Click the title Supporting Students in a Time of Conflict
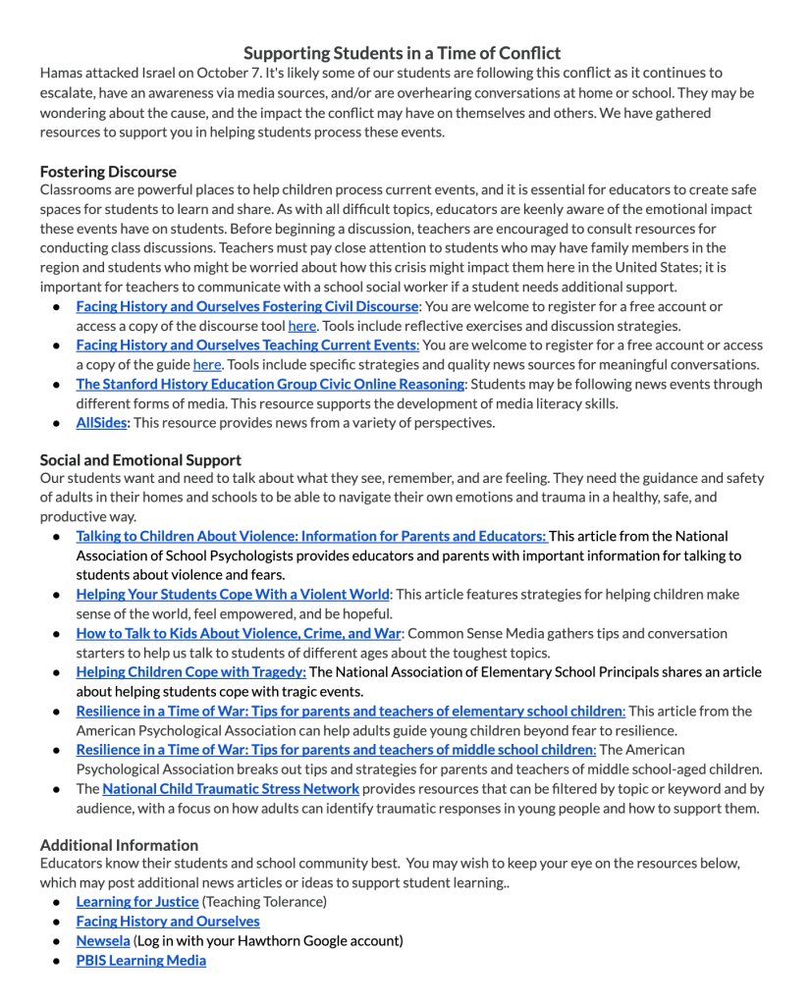[x=403, y=52]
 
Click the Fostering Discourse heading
[x=108, y=171]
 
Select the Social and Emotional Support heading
[x=140, y=458]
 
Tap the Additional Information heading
[x=119, y=844]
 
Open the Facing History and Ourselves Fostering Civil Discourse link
[x=247, y=306]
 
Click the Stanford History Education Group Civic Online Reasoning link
[x=270, y=384]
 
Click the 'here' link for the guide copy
[x=206, y=364]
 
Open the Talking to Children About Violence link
[x=311, y=536]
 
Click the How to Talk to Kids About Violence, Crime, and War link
[x=239, y=633]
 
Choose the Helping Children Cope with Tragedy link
[x=190, y=671]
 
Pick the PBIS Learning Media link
[x=140, y=960]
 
